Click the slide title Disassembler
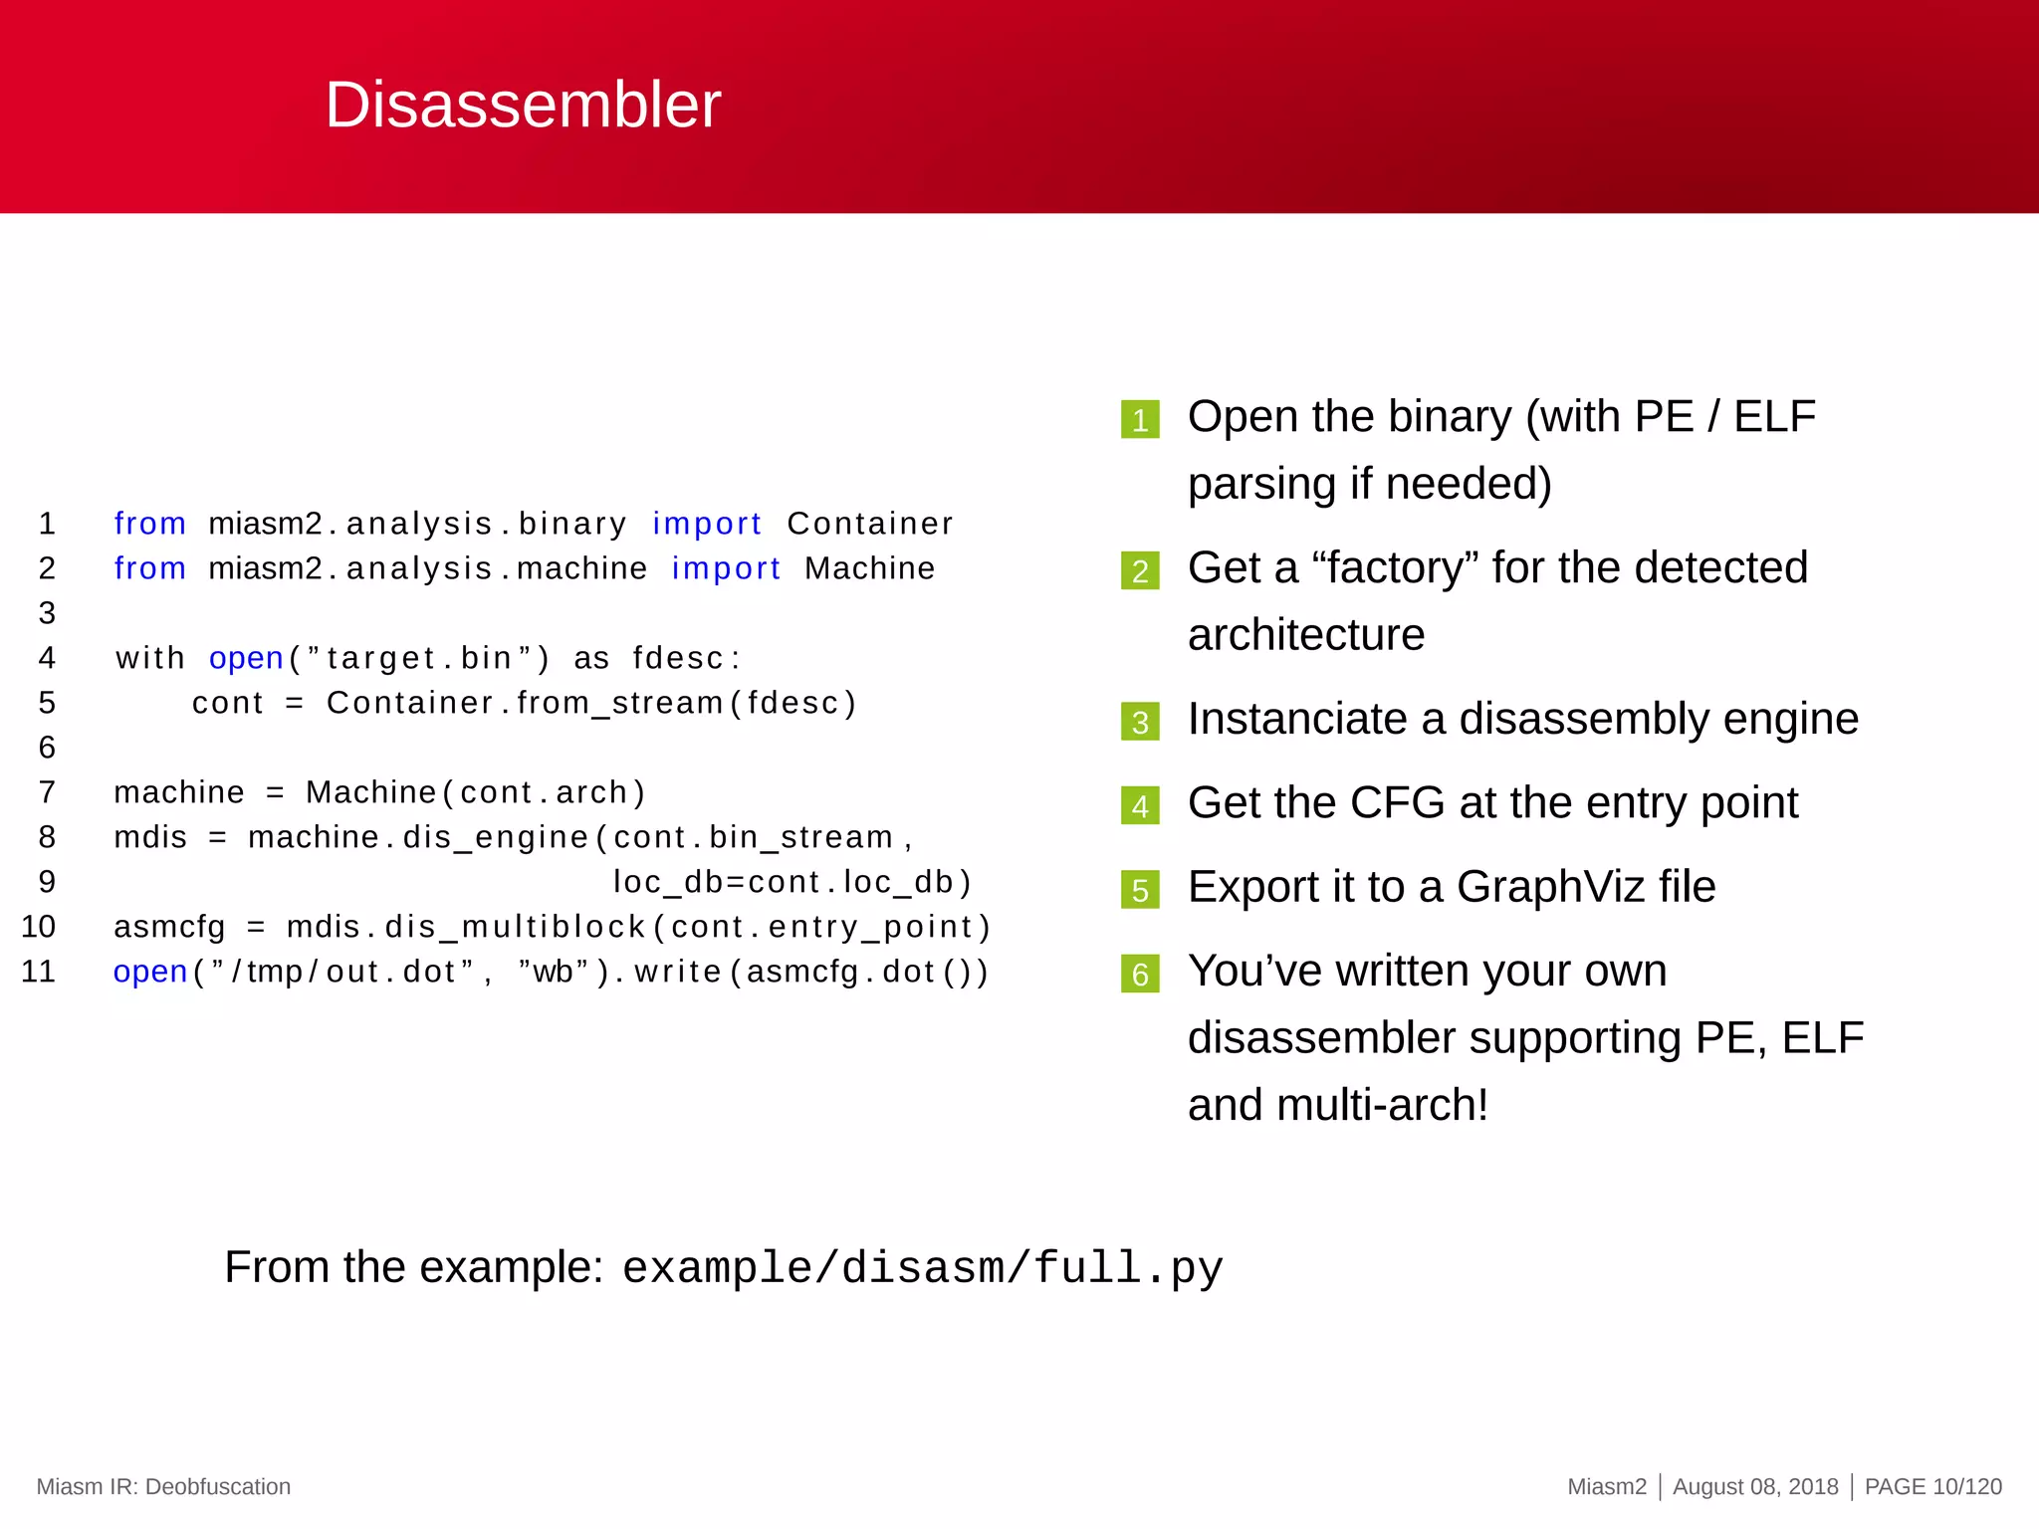523,105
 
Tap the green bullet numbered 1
1140,419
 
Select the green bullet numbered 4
1140,805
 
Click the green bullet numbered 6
1140,973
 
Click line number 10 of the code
39,927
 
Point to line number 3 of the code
47,613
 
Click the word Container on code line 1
870,524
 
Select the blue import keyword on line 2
726,568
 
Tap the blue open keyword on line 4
246,658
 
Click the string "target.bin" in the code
419,658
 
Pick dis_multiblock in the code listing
516,927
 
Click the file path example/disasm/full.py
922,1268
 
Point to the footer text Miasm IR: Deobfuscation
163,1486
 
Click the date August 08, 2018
1755,1486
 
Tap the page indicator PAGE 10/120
1932,1486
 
